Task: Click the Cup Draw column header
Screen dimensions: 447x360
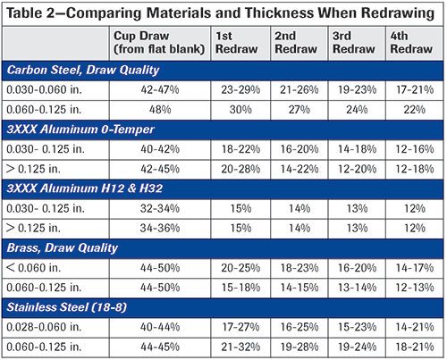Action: click(159, 42)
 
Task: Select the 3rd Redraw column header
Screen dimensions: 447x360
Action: click(354, 42)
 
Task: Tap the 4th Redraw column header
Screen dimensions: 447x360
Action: click(411, 42)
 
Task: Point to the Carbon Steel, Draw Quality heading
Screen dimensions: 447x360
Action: click(83, 71)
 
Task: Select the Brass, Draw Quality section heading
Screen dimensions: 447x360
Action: click(63, 248)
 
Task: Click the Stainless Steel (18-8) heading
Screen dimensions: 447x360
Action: click(67, 307)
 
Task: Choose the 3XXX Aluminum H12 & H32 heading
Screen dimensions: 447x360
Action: click(85, 188)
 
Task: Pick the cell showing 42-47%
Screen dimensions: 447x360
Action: click(160, 89)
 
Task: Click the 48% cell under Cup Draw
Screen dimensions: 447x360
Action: click(160, 110)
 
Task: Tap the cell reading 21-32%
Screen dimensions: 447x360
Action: click(240, 347)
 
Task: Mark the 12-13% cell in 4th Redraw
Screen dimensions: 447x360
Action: click(415, 288)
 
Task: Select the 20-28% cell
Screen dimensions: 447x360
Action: click(240, 169)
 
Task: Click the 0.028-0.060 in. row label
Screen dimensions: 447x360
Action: click(44, 327)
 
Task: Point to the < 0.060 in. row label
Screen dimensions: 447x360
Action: click(33, 268)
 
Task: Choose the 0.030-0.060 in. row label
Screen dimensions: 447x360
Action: click(44, 89)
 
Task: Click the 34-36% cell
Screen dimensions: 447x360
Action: click(160, 228)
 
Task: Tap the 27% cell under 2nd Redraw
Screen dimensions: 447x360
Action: click(299, 110)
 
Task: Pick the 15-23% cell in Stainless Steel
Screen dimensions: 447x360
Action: click(357, 327)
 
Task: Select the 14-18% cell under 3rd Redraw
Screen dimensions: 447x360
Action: click(357, 149)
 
